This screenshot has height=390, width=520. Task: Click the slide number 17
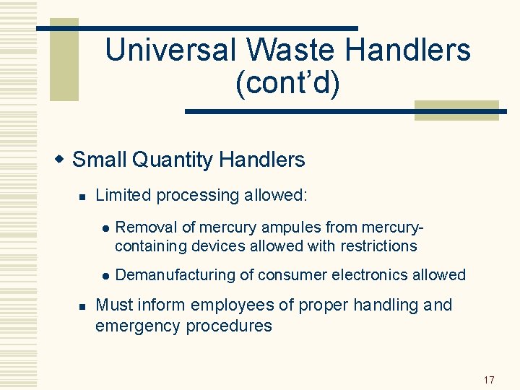(489, 380)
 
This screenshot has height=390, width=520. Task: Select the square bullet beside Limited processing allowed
(82, 196)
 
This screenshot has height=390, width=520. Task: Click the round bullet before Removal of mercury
(105, 228)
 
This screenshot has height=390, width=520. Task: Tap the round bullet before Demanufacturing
(105, 276)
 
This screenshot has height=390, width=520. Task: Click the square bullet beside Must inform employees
(82, 306)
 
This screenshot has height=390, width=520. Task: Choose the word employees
(238, 305)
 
